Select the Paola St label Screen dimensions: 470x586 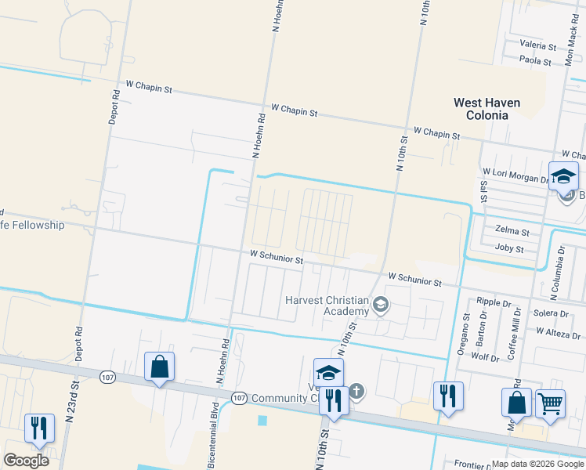point(536,60)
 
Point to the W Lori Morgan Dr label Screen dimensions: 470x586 point(515,175)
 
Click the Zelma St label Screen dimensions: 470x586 point(512,232)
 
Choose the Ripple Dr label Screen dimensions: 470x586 point(494,302)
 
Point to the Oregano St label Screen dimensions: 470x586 point(464,335)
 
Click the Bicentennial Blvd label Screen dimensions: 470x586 point(212,435)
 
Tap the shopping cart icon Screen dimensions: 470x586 point(551,405)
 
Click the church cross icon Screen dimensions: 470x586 point(356,391)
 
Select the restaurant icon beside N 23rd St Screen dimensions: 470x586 point(39,428)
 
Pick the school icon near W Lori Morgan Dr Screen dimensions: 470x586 point(563,177)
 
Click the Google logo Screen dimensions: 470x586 point(27,461)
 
